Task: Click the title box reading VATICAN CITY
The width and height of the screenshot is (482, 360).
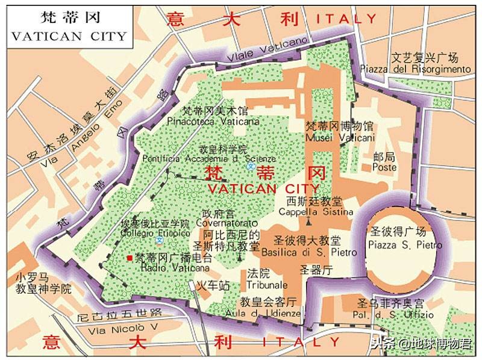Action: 69,28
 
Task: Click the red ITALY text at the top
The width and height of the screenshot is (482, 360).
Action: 346,20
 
